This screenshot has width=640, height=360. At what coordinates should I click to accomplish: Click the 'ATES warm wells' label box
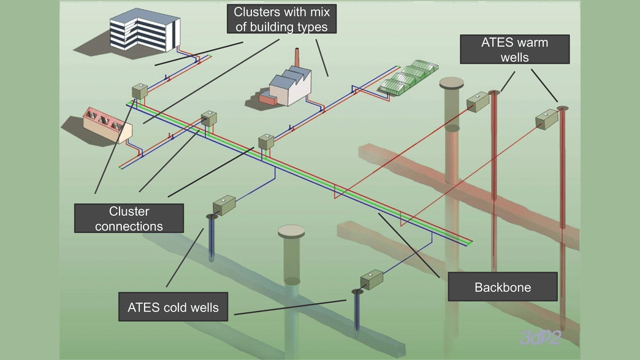[x=515, y=50]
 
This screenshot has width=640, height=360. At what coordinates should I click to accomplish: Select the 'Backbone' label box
[x=502, y=287]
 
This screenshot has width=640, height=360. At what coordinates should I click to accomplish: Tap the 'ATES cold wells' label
[x=173, y=307]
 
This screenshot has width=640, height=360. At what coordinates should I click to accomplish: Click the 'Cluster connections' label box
[x=129, y=218]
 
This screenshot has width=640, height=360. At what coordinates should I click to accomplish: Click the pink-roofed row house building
[x=108, y=125]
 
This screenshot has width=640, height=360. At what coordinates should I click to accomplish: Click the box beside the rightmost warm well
[x=546, y=119]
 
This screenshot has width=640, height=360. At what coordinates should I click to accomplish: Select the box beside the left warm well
[x=478, y=102]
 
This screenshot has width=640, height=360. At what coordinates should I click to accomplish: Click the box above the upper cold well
[x=224, y=205]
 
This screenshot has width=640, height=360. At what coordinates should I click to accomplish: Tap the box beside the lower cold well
[x=371, y=280]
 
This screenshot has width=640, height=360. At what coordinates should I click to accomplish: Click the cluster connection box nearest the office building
[x=140, y=91]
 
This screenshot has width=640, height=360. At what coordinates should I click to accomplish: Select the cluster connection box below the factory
[x=265, y=142]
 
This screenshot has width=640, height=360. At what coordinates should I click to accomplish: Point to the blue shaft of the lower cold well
[x=356, y=313]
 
